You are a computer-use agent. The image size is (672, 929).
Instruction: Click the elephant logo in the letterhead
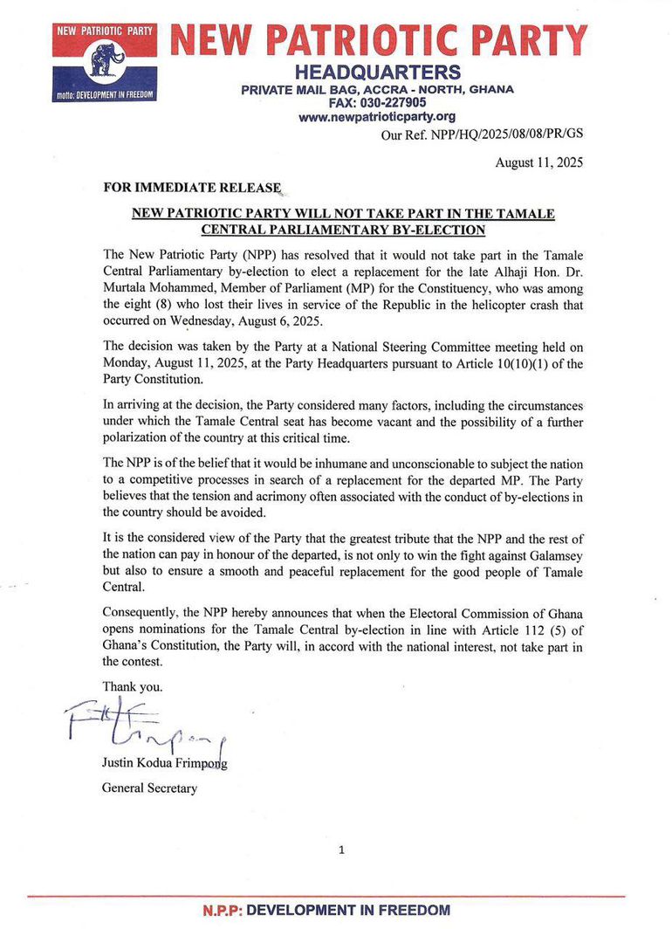coord(106,59)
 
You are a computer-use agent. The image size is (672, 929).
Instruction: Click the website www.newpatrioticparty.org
coord(377,117)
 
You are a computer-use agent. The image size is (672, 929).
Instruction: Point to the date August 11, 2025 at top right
coord(538,162)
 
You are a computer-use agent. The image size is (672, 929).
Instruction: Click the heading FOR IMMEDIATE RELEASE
coord(192,187)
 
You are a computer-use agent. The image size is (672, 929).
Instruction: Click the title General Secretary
coord(149,788)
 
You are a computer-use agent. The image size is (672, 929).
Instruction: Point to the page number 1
coord(341,849)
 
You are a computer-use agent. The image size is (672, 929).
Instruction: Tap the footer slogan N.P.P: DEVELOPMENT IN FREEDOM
coord(326,910)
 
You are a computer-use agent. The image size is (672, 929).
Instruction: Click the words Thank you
coord(132,686)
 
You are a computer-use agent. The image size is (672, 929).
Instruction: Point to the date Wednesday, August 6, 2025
coord(244,320)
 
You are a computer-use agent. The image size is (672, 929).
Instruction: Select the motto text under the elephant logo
coord(104,93)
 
